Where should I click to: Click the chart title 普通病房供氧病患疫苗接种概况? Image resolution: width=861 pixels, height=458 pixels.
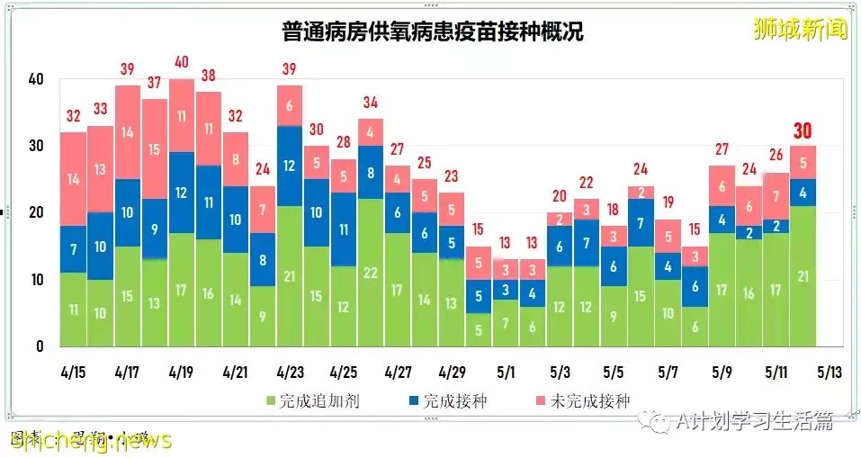pyautogui.click(x=430, y=32)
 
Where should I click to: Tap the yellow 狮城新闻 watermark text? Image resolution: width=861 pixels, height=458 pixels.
pyautogui.click(x=800, y=29)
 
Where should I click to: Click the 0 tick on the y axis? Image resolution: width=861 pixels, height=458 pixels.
pyautogui.click(x=40, y=346)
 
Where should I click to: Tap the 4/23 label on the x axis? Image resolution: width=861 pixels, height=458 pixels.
pyautogui.click(x=289, y=372)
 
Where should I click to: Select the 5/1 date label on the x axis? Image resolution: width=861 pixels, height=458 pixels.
pyautogui.click(x=505, y=372)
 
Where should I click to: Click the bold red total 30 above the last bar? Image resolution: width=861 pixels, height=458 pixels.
pyautogui.click(x=803, y=131)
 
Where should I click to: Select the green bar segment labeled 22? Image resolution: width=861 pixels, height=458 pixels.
pyautogui.click(x=370, y=273)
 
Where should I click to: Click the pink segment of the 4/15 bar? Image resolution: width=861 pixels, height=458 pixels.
pyautogui.click(x=73, y=179)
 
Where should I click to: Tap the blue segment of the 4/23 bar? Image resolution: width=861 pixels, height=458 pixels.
pyautogui.click(x=289, y=166)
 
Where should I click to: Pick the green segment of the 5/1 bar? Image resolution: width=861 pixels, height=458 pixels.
pyautogui.click(x=505, y=323)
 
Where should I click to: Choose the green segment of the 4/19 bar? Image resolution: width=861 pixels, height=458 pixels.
pyautogui.click(x=181, y=290)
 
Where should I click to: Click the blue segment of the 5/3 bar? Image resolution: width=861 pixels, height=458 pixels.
pyautogui.click(x=559, y=247)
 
